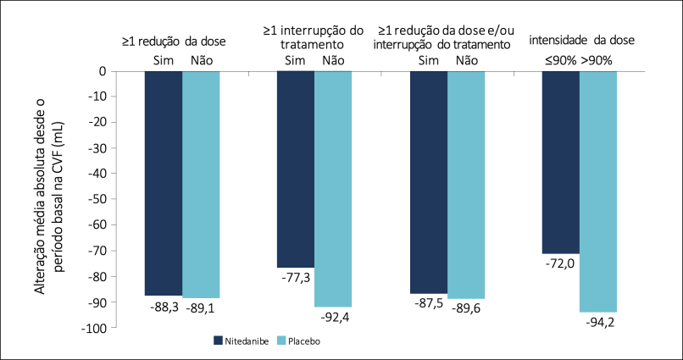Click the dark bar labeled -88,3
point(164,183)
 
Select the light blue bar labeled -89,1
point(202,184)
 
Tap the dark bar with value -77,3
point(296,169)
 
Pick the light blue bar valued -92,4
point(334,188)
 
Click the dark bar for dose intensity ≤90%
point(560,163)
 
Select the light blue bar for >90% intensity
point(598,191)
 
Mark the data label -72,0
point(560,265)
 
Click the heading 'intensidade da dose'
point(581,40)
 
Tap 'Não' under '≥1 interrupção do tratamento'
point(334,59)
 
